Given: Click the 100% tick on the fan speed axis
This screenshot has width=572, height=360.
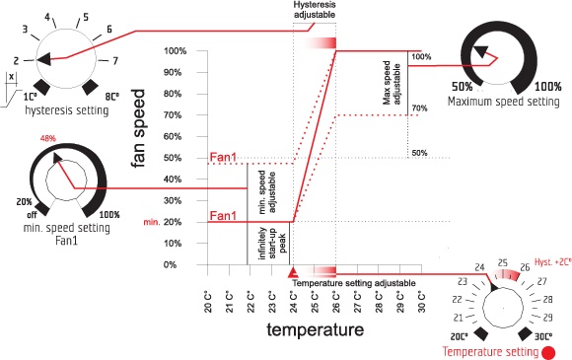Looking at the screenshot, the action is [176, 51].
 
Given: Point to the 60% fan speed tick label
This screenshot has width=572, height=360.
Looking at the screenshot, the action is [173, 137].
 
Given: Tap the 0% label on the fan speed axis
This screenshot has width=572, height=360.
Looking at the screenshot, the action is [170, 264].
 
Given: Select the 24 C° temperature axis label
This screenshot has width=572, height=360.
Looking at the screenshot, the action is [294, 302].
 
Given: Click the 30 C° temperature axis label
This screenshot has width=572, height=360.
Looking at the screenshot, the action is [422, 302].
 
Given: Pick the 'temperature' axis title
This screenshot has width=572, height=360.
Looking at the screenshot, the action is [316, 329].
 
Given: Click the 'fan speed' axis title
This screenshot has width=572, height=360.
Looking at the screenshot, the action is [139, 128].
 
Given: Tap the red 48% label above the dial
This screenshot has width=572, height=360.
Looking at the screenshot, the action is [48, 139].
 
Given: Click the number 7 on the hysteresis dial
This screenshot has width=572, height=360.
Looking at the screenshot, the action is [115, 60].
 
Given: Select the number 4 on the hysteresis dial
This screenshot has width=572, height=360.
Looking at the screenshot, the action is [47, 17].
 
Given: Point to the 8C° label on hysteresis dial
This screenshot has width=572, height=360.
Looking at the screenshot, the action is [112, 97].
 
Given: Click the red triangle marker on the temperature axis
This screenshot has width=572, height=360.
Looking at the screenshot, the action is [293, 272].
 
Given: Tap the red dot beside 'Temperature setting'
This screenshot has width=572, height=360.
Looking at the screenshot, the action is [548, 353].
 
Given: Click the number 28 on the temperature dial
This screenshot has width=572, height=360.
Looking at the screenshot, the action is [547, 300].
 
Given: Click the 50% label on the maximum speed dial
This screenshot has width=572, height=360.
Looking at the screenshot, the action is [463, 87].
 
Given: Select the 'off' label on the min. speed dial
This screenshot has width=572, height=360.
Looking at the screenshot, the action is [32, 215].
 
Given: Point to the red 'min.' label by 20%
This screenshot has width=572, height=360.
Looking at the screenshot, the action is [152, 222].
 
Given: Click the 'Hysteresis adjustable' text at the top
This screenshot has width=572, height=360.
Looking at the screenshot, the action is [315, 10].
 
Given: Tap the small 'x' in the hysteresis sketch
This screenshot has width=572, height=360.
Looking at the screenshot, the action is [12, 77].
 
